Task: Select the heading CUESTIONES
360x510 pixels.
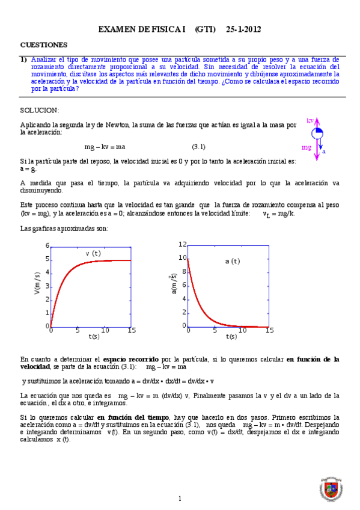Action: (x=44, y=45)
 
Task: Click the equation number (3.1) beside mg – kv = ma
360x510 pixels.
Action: (x=199, y=147)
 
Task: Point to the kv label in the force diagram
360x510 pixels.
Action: (x=310, y=121)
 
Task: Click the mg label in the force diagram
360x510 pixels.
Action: (x=307, y=147)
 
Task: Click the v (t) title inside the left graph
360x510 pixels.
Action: (x=93, y=254)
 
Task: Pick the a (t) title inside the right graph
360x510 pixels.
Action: (x=232, y=261)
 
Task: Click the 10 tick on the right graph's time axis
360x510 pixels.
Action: (x=242, y=330)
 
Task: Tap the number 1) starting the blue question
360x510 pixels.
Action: (x=23, y=60)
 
